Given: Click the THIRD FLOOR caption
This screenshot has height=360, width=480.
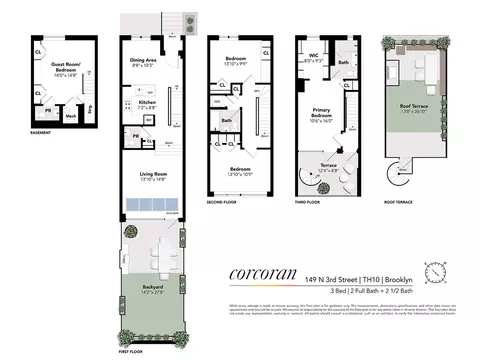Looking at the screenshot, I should [310, 201].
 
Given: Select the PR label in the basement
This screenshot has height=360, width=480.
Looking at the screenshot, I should [49, 113].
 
